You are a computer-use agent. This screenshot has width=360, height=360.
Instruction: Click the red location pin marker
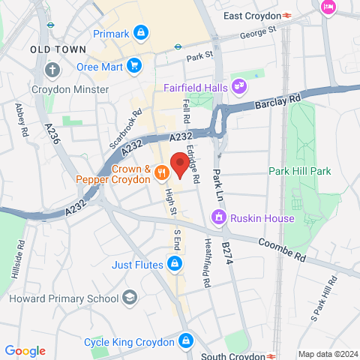[x=178, y=163]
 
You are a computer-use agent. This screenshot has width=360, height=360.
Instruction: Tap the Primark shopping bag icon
[x=140, y=33]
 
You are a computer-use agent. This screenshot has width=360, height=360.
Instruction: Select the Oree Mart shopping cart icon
[x=134, y=65]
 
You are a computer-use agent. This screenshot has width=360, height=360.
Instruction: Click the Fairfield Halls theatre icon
[x=238, y=86]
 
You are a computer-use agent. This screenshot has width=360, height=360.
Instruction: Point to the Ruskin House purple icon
[x=220, y=218]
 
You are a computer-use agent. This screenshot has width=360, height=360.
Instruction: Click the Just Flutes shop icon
[x=174, y=264]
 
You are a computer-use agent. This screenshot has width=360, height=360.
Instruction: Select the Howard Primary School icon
[x=130, y=298]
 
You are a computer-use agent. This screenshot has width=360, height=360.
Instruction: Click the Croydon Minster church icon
[x=51, y=71]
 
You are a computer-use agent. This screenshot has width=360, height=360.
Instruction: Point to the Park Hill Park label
[x=300, y=171]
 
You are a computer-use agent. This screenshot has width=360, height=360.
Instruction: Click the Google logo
[x=25, y=351]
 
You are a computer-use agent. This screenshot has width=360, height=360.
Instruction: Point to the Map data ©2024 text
[x=327, y=354]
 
